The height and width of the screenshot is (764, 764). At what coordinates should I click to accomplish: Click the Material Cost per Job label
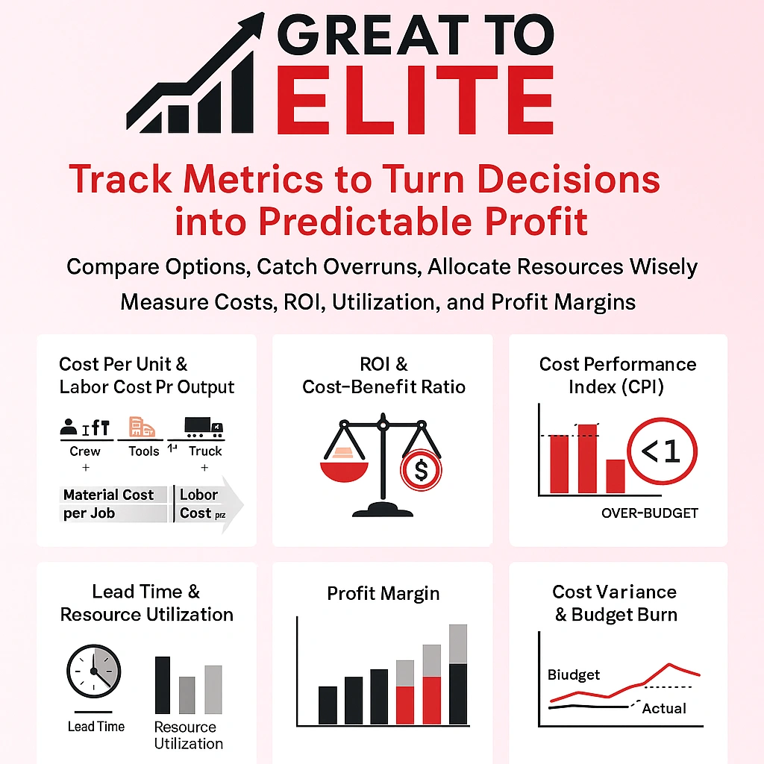[109, 504]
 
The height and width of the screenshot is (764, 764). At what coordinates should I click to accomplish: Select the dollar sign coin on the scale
[421, 470]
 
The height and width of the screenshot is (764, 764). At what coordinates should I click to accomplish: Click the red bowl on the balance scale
[344, 471]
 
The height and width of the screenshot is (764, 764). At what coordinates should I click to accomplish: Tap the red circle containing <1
[662, 452]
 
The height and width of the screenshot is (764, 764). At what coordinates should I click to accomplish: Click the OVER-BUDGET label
[649, 513]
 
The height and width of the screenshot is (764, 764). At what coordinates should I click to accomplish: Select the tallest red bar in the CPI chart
[588, 458]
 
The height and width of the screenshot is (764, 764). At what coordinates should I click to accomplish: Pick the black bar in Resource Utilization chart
[162, 685]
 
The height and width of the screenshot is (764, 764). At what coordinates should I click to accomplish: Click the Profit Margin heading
[383, 594]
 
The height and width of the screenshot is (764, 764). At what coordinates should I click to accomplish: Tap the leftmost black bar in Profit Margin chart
[328, 705]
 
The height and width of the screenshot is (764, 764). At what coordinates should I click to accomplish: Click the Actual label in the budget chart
[663, 708]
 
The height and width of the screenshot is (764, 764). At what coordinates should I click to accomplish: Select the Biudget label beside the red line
[574, 674]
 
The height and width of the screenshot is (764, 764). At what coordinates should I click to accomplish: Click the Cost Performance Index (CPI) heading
[617, 375]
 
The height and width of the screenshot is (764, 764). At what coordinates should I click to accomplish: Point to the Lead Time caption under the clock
[95, 726]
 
